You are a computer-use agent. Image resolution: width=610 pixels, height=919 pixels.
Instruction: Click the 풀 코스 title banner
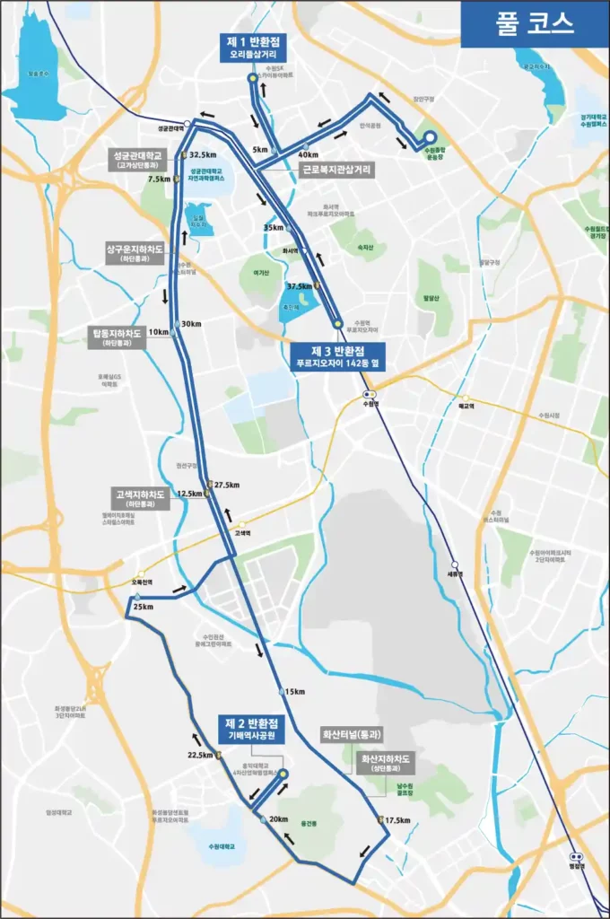coord(535,23)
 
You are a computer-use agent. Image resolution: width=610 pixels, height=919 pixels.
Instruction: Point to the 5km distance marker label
coord(261,149)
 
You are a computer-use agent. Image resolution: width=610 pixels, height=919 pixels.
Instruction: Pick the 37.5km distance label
coord(298,286)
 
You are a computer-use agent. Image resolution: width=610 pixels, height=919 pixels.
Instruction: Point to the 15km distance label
coord(294,691)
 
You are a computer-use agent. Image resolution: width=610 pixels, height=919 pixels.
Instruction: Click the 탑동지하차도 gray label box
coord(116,336)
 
